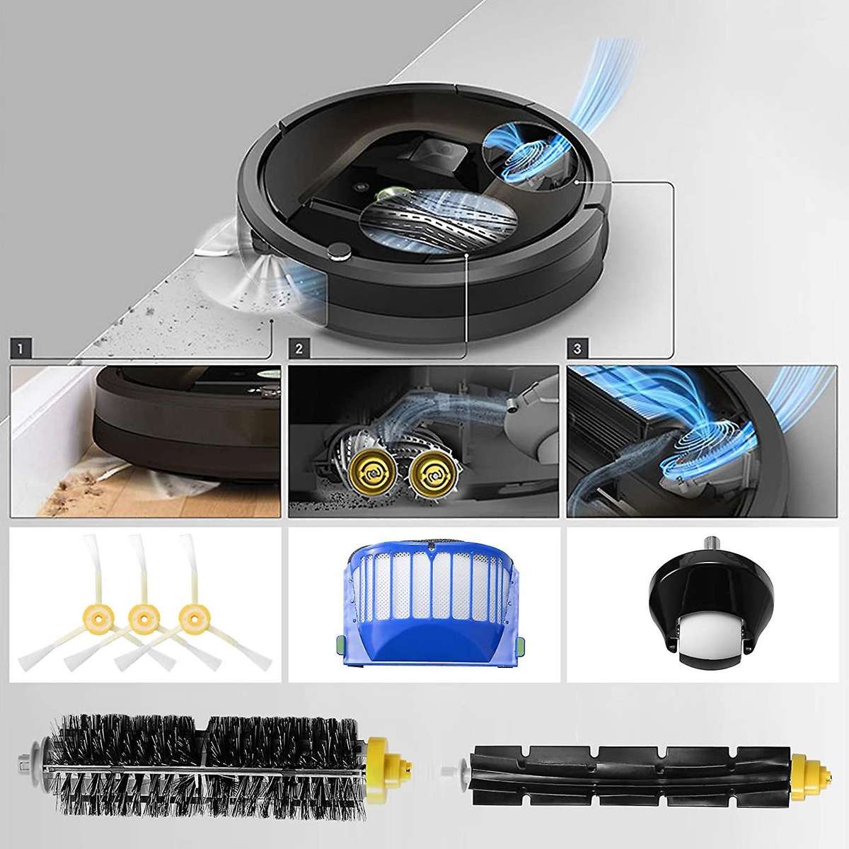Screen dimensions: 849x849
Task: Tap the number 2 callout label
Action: pyautogui.click(x=299, y=348)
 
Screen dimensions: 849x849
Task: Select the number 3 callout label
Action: pyautogui.click(x=579, y=348)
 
